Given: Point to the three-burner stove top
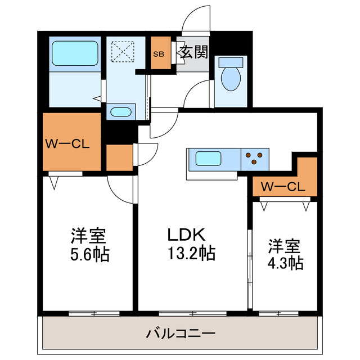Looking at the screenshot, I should pyautogui.click(x=255, y=158).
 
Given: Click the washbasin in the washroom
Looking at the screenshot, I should pyautogui.click(x=120, y=111).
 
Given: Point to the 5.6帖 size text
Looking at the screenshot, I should pyautogui.click(x=89, y=254).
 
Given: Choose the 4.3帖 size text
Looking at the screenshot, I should pyautogui.click(x=284, y=262).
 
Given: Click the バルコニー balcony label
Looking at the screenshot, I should pyautogui.click(x=181, y=334).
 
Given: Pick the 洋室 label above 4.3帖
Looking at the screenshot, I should pyautogui.click(x=284, y=245).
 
